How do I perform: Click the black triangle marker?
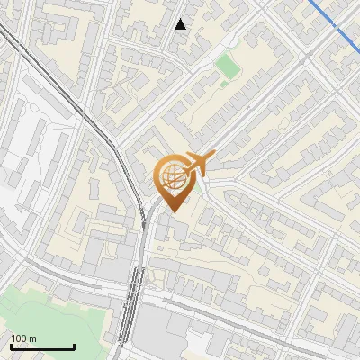181,24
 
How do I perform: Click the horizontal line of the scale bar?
41,346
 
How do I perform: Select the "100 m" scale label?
23,338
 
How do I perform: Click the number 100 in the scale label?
19,338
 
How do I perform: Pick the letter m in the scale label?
33,338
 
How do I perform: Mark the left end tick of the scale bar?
10,345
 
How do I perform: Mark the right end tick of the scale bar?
74,345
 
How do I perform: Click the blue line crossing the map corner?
333,22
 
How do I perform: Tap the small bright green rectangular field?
227,67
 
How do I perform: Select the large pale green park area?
45,315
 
